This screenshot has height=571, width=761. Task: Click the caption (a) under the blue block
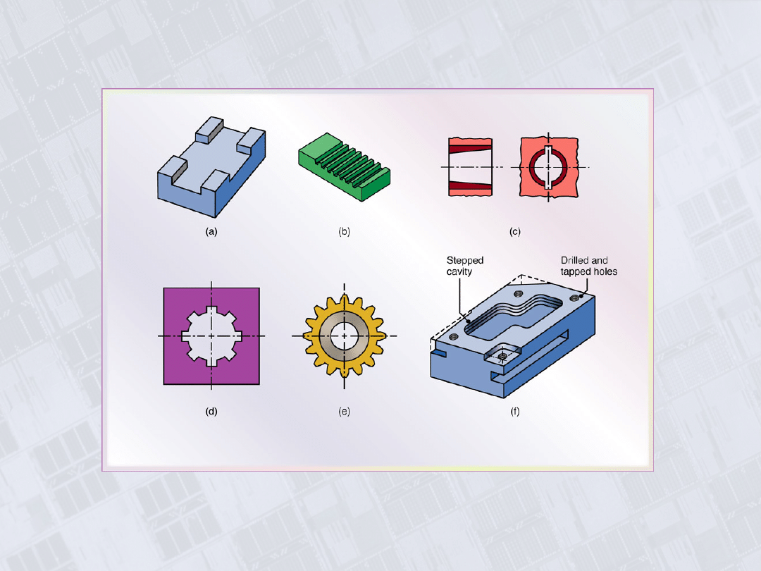click(x=211, y=232)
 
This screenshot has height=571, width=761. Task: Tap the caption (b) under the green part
click(x=344, y=232)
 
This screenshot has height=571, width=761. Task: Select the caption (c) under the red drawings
click(x=515, y=232)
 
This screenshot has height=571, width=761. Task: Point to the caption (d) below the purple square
click(x=211, y=411)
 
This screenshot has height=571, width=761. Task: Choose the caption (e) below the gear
click(x=344, y=411)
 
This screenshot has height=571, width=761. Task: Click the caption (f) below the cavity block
click(x=515, y=411)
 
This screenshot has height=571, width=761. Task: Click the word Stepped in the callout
click(x=465, y=261)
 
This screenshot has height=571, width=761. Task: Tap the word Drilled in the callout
click(x=573, y=260)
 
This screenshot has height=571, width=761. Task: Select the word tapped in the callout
click(x=574, y=272)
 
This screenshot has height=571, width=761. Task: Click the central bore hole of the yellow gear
click(x=344, y=336)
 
